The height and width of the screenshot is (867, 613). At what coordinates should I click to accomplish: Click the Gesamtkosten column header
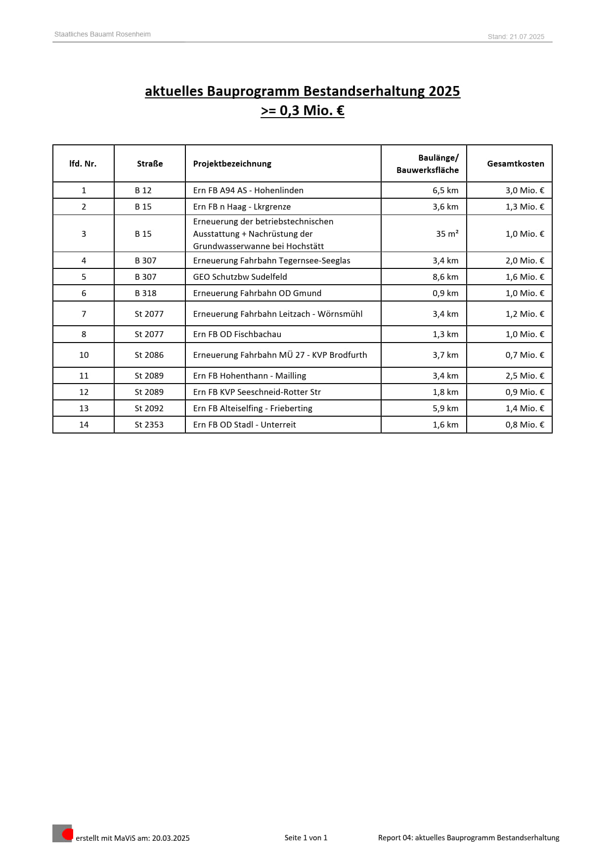pyautogui.click(x=515, y=164)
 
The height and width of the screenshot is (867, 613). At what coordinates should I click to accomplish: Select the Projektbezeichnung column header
pyautogui.click(x=232, y=164)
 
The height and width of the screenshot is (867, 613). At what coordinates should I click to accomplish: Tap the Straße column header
pyautogui.click(x=150, y=164)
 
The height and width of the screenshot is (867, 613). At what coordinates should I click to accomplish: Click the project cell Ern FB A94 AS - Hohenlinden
pyautogui.click(x=248, y=190)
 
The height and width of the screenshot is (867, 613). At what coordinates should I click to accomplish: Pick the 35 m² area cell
pyautogui.click(x=447, y=234)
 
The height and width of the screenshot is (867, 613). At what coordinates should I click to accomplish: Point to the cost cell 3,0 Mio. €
pyautogui.click(x=525, y=190)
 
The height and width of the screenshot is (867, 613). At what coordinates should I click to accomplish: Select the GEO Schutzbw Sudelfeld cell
pyautogui.click(x=240, y=277)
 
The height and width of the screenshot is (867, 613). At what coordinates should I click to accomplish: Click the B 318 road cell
pyautogui.click(x=145, y=293)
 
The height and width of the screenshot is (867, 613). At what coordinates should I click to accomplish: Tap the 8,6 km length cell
pyautogui.click(x=445, y=277)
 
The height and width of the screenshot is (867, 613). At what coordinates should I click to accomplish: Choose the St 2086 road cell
pyautogui.click(x=149, y=355)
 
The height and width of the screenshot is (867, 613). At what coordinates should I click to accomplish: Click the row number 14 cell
pyautogui.click(x=84, y=425)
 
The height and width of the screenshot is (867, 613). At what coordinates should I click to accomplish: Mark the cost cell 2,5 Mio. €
pyautogui.click(x=525, y=376)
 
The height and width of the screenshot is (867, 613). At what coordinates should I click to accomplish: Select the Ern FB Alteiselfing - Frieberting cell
pyautogui.click(x=253, y=408)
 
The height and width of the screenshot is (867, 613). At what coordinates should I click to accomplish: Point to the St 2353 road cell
pyautogui.click(x=149, y=425)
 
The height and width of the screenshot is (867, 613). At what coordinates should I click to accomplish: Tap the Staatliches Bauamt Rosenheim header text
pyautogui.click(x=102, y=34)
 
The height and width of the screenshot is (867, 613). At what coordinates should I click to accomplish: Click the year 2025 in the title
pyautogui.click(x=444, y=91)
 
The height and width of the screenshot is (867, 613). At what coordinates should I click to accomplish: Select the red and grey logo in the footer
pyautogui.click(x=63, y=833)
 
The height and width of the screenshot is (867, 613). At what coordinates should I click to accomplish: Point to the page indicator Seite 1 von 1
pyautogui.click(x=306, y=837)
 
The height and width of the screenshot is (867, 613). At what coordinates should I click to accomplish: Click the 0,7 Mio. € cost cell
pyautogui.click(x=525, y=355)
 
